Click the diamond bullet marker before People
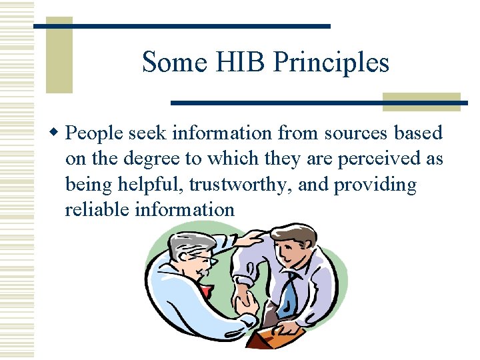(x=57, y=133)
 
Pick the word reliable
(x=97, y=209)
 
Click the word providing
(x=375, y=184)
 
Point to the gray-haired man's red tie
(x=207, y=291)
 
